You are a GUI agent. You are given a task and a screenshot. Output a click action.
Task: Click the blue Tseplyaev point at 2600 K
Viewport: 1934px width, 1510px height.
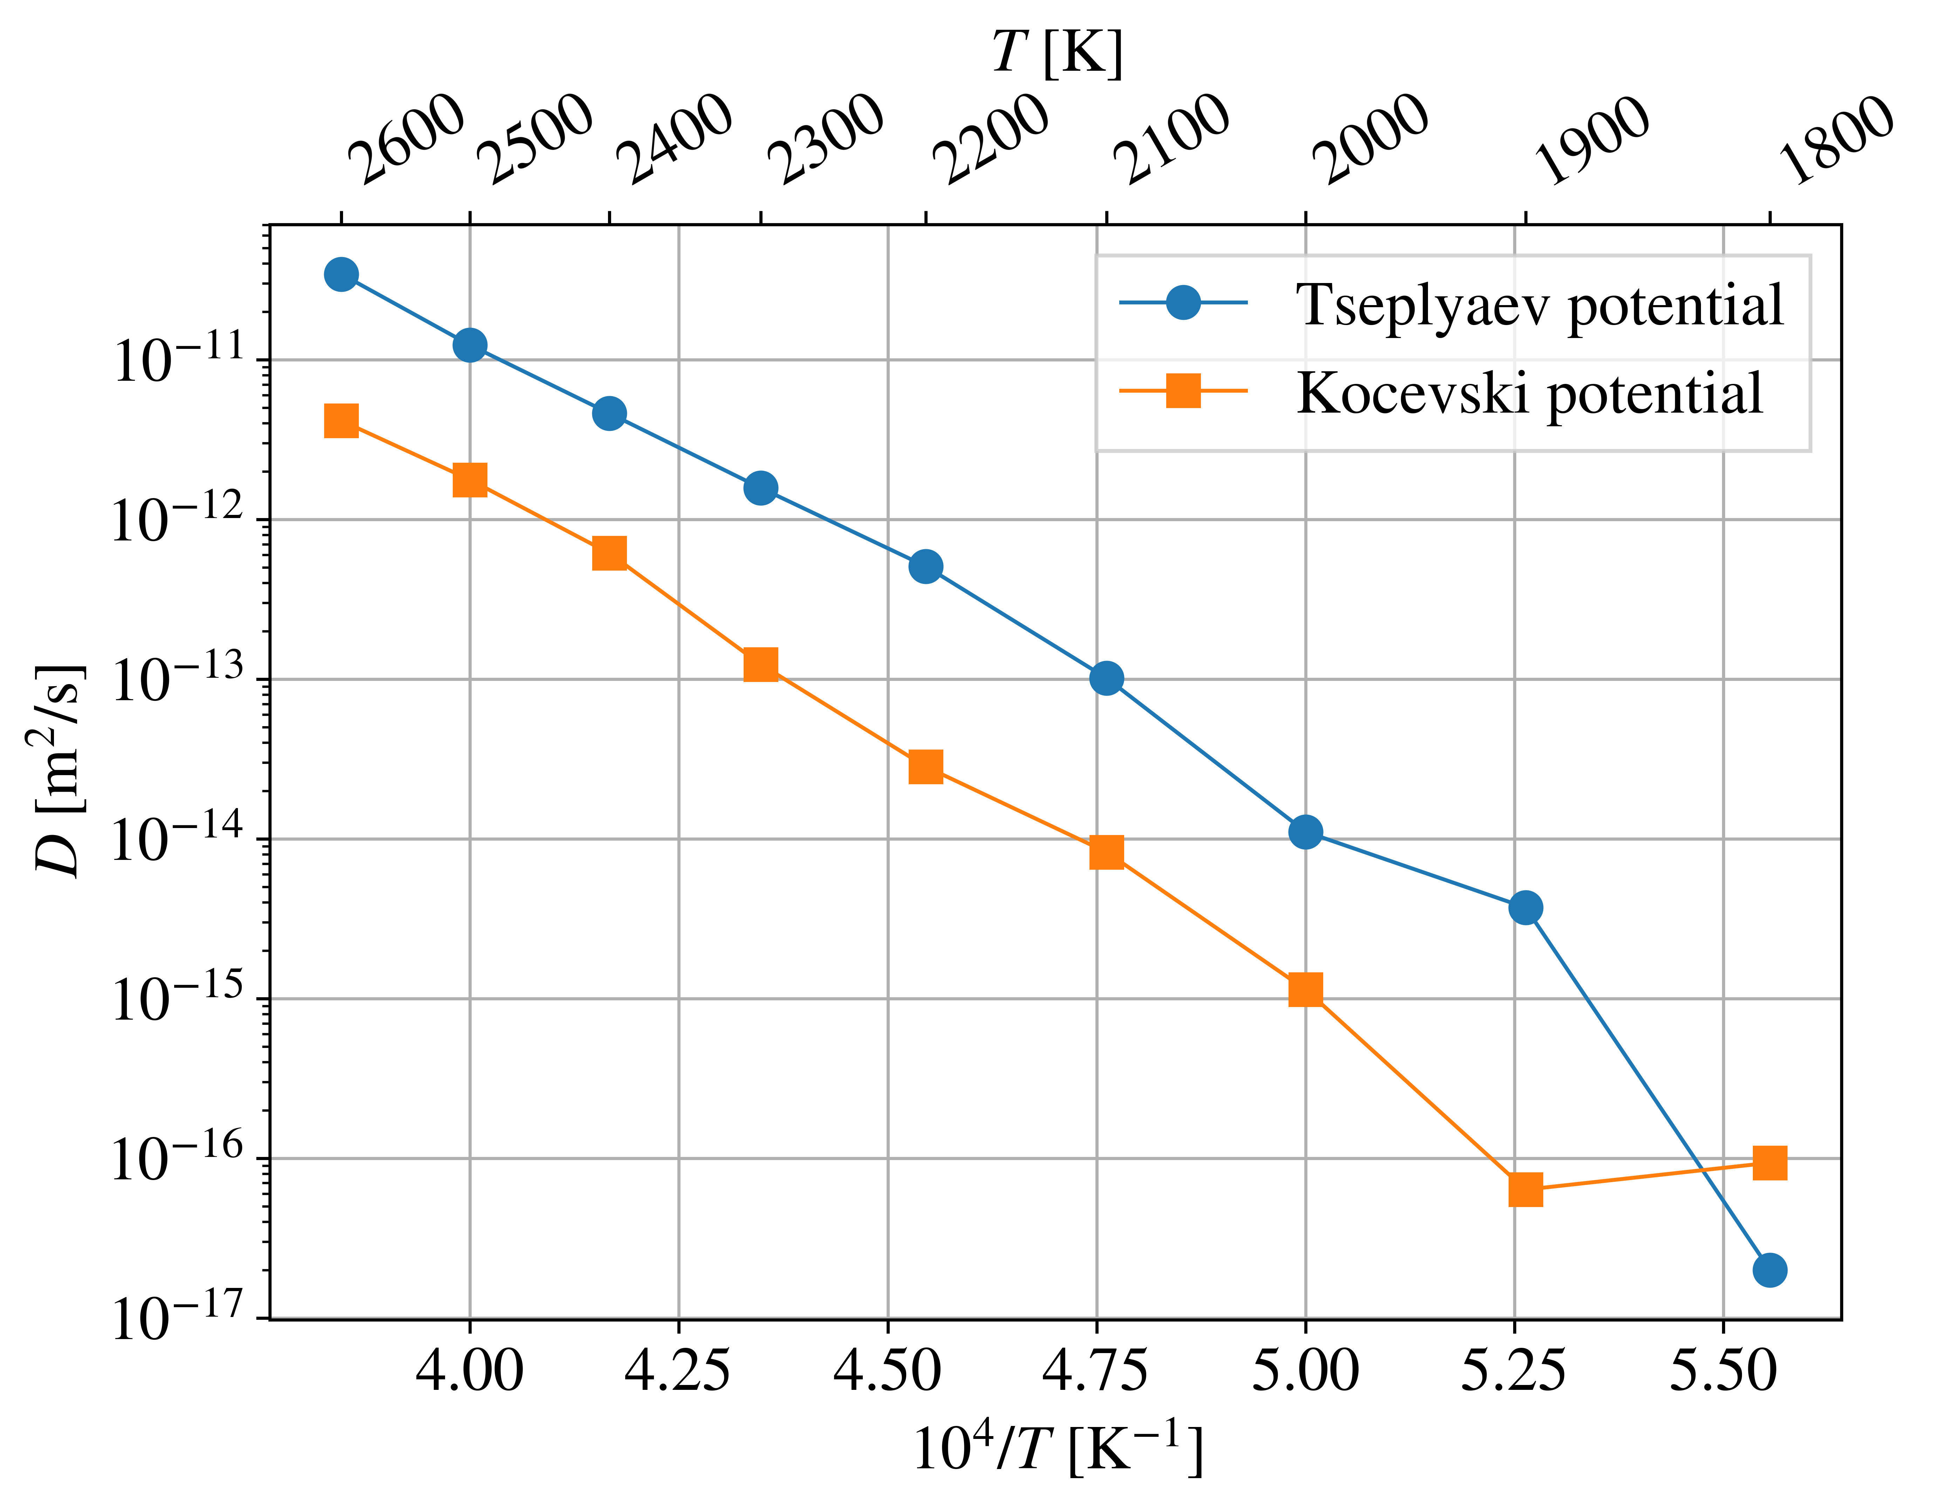[341, 274]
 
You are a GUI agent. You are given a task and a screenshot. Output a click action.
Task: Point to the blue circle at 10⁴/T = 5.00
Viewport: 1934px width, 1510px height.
[1305, 832]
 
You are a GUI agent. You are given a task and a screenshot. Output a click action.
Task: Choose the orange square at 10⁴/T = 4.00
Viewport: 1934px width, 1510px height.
[469, 480]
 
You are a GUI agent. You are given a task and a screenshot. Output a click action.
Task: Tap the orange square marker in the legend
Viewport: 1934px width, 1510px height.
[1183, 390]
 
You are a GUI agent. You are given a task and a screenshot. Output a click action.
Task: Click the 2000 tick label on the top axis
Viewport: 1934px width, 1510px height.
[1370, 139]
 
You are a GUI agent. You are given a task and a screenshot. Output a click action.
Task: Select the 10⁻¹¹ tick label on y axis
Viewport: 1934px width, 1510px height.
[177, 358]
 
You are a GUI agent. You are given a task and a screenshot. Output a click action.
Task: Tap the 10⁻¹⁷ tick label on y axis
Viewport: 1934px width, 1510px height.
[177, 1317]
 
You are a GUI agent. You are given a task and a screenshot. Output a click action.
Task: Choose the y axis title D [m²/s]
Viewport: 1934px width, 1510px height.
[60, 770]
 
